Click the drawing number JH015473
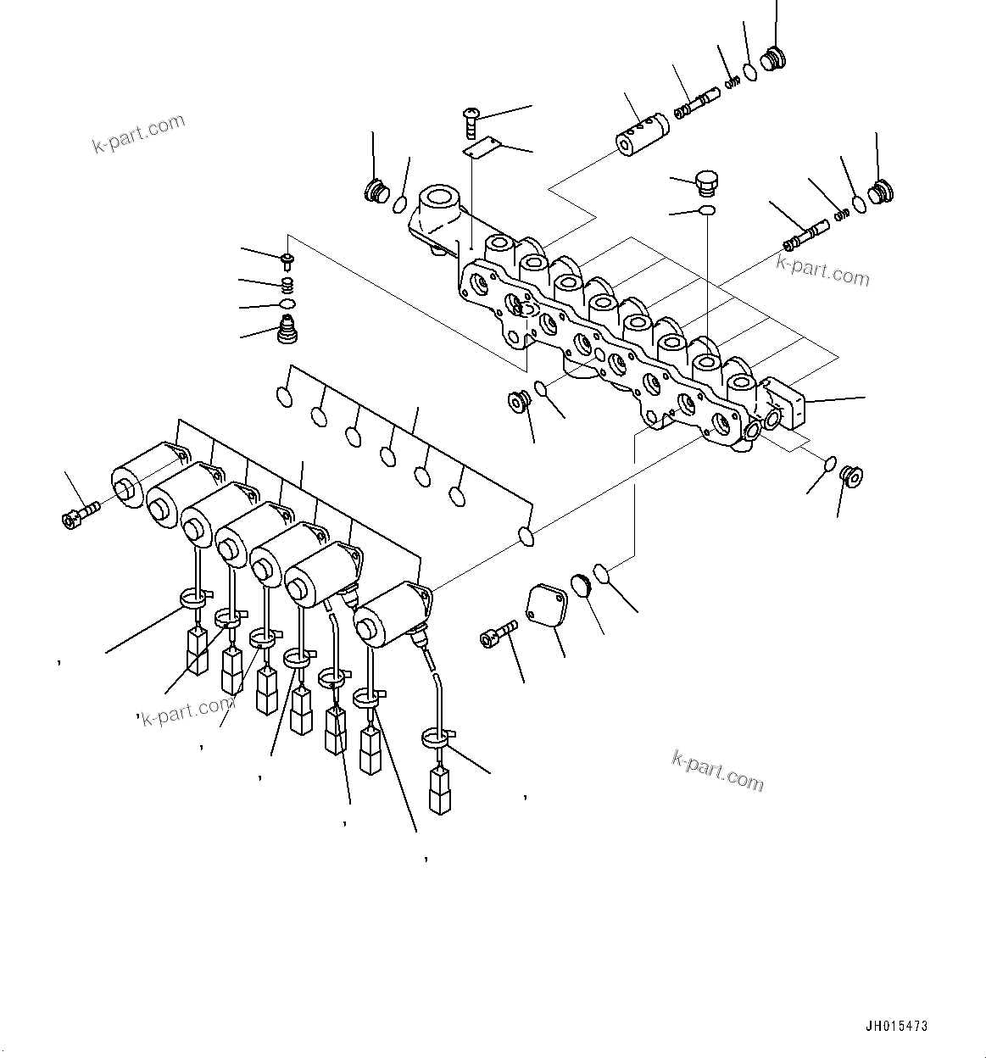coord(897,1026)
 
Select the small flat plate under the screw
coord(479,150)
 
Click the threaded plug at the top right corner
coord(774,59)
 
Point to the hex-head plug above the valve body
coord(705,183)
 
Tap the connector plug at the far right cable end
coord(440,791)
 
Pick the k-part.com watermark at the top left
coord(138,133)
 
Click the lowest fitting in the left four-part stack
coord(290,329)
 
